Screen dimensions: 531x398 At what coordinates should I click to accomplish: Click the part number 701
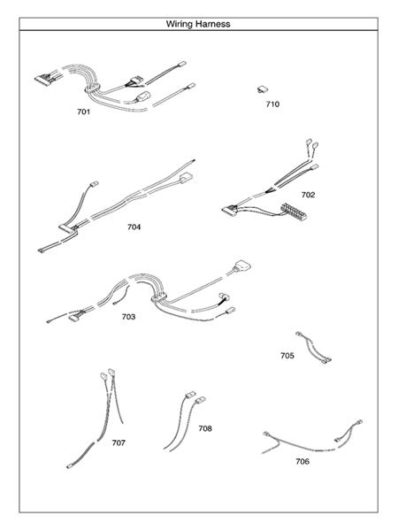pyautogui.click(x=83, y=114)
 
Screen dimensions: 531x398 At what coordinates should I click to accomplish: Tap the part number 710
pyautogui.click(x=272, y=104)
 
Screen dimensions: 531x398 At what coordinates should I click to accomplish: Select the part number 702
pyautogui.click(x=308, y=194)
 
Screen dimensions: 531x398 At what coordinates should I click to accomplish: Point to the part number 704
pyautogui.click(x=134, y=227)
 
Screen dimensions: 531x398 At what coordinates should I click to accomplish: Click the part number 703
pyautogui.click(x=128, y=317)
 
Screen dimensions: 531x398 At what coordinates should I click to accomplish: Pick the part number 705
pyautogui.click(x=287, y=355)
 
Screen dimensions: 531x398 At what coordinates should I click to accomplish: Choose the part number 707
pyautogui.click(x=119, y=442)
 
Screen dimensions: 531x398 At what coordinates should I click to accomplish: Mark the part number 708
pyautogui.click(x=205, y=428)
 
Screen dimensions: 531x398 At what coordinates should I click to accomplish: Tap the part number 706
pyautogui.click(x=302, y=460)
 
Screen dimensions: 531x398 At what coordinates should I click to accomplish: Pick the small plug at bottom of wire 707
pyautogui.click(x=71, y=464)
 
